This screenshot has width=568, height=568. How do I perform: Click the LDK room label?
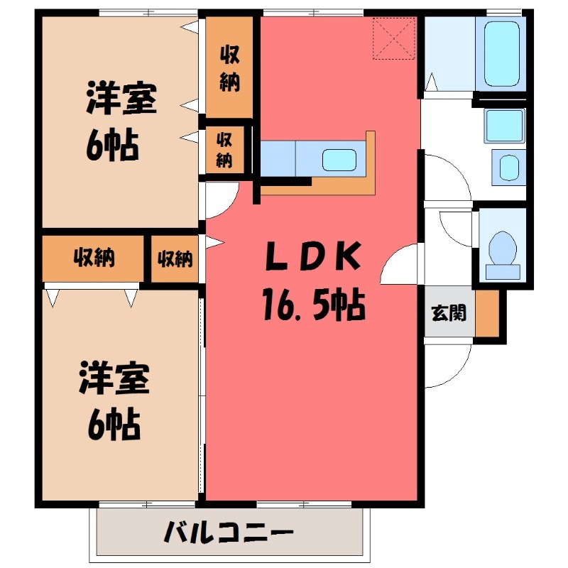coord(312,257)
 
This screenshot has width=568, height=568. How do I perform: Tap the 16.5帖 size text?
coord(312,307)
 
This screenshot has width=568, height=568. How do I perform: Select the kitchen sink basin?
coord(339,159)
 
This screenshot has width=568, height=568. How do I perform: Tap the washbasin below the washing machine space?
coord(509,168)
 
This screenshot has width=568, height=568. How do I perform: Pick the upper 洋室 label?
coord(121,99)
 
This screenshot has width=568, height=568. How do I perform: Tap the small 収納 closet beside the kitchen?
coord(225,150)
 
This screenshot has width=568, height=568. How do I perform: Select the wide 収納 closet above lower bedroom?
coord(94,258)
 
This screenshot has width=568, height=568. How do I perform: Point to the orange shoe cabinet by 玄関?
coord(486,312)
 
